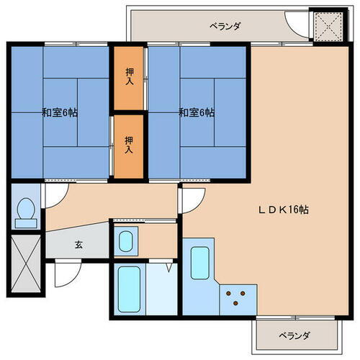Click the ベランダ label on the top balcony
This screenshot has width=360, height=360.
click(x=225, y=27)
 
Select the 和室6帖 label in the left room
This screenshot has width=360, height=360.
click(x=60, y=112)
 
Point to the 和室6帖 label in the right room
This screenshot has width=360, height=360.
click(x=197, y=112)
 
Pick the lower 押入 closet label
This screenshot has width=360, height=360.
click(x=129, y=145)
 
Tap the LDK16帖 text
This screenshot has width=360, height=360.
click(x=284, y=210)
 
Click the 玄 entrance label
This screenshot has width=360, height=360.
click(x=78, y=244)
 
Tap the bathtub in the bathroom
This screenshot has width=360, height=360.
click(x=130, y=288)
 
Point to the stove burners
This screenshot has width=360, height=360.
click(x=238, y=295)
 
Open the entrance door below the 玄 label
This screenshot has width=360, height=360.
click(x=66, y=271)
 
